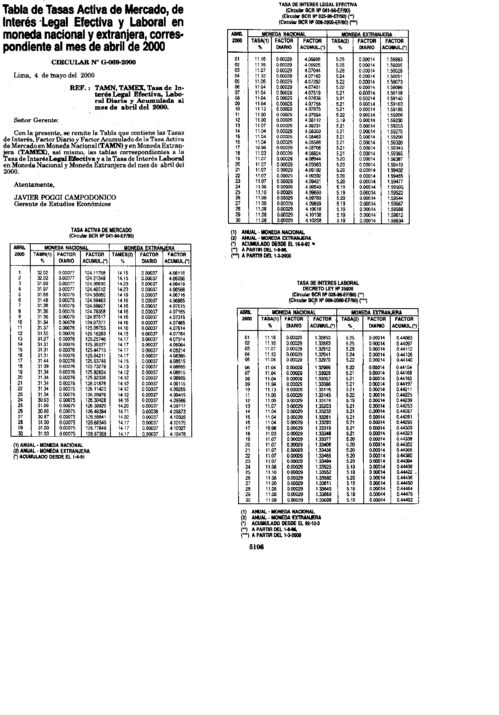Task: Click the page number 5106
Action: click(x=256, y=548)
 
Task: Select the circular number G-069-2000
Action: click(x=93, y=62)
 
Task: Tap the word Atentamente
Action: click(x=35, y=185)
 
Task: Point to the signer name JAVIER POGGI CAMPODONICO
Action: click(x=65, y=197)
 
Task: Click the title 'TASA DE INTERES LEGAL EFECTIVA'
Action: click(x=318, y=4)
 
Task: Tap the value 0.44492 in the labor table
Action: click(x=404, y=500)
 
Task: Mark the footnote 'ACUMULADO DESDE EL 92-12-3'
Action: click(x=285, y=523)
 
